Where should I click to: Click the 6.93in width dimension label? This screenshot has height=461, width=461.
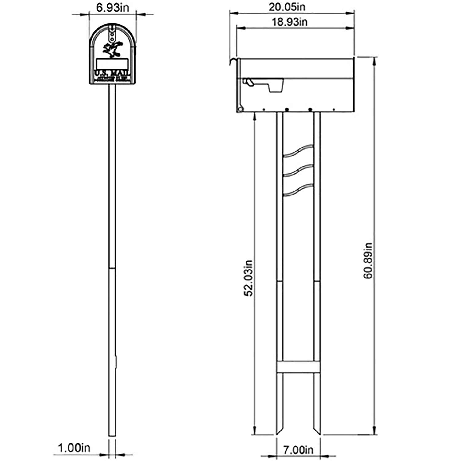(112, 8)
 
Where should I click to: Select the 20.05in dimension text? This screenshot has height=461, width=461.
(287, 7)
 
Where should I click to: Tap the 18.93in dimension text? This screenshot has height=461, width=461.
(289, 22)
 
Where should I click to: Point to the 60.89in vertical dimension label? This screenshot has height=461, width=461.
(368, 261)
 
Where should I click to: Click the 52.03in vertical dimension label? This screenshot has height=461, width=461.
(248, 278)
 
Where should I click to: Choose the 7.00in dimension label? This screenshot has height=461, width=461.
(298, 450)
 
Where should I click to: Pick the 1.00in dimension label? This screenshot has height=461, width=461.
(74, 448)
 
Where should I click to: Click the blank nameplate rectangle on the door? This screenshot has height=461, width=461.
(112, 64)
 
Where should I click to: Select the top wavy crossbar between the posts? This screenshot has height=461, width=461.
(298, 151)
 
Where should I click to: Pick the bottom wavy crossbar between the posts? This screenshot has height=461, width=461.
(298, 189)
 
